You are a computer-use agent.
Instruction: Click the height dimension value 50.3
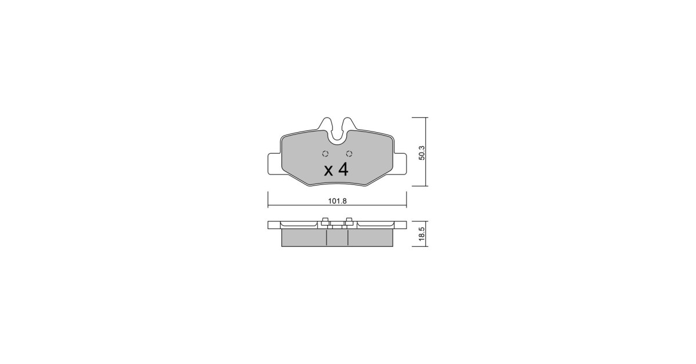(x=422, y=153)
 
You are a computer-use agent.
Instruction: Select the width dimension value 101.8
(x=337, y=201)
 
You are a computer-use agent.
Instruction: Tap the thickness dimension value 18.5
(x=422, y=234)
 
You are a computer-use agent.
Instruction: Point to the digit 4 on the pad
(x=343, y=170)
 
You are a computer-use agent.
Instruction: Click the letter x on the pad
(x=328, y=171)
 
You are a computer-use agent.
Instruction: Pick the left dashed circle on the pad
(x=325, y=154)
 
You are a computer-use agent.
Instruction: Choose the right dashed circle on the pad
(x=349, y=154)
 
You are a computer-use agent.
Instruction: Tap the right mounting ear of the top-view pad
(x=400, y=163)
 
